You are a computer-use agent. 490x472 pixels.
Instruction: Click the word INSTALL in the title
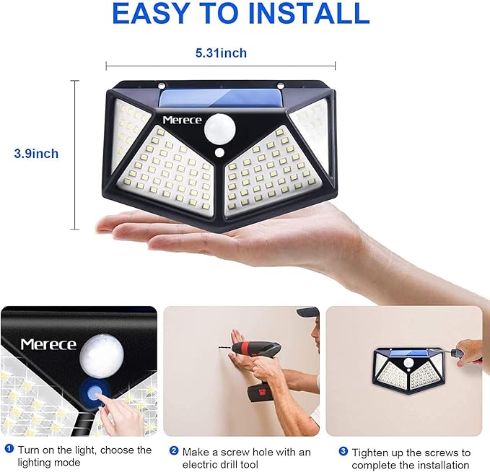point(316,14)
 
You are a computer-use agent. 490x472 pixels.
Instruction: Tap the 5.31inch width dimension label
point(220,53)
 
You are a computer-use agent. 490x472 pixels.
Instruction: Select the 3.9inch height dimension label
point(36,154)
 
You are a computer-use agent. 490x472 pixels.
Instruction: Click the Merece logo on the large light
point(181,120)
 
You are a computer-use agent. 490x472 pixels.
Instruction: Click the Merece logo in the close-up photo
point(48,344)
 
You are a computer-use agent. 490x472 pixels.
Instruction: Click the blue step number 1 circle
point(9,450)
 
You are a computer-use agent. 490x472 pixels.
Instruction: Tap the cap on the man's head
point(308,312)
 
